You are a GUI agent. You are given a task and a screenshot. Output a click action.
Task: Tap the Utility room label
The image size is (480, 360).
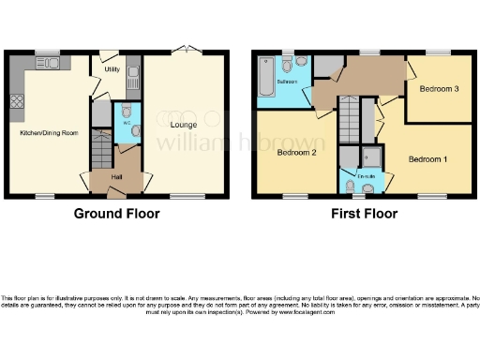click(x=112, y=70)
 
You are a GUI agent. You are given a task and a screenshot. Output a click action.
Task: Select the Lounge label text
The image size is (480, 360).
click(x=183, y=123)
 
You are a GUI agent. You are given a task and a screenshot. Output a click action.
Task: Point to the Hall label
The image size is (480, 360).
click(x=116, y=176)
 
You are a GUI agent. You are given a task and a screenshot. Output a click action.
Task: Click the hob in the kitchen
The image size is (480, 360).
click(x=16, y=100)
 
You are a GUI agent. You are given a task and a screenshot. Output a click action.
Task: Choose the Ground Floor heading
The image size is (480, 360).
click(x=116, y=214)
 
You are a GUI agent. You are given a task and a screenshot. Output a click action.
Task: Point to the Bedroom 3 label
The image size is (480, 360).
click(x=438, y=90)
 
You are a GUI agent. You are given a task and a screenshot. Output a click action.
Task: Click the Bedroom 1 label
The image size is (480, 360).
click(x=427, y=159)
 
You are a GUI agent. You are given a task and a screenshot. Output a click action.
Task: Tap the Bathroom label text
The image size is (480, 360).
click(x=287, y=82)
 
